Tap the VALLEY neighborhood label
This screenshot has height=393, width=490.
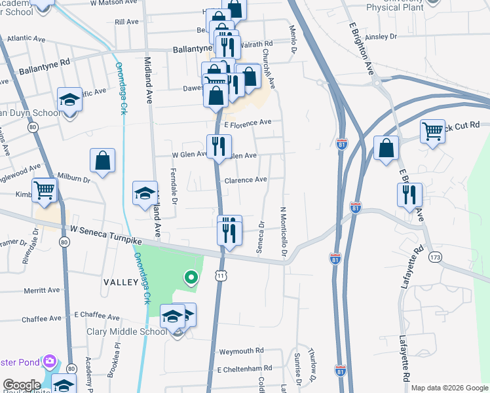coord(121,282)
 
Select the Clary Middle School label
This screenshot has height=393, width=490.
coord(127,331)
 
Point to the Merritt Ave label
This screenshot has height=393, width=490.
coord(41,290)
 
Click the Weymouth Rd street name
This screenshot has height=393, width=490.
coord(241,351)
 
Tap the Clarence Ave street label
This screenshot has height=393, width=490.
coord(246,179)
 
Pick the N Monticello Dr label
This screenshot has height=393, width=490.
coord(284,233)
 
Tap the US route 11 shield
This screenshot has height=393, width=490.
coord(221,277)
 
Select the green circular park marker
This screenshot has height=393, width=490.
coord(191,278)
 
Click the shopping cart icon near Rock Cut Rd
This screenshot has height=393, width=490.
coord(432,132)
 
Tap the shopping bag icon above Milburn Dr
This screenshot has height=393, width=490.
coord(103,160)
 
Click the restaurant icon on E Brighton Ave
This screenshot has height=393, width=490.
coord(409,195)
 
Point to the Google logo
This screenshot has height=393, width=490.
coord(22,385)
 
